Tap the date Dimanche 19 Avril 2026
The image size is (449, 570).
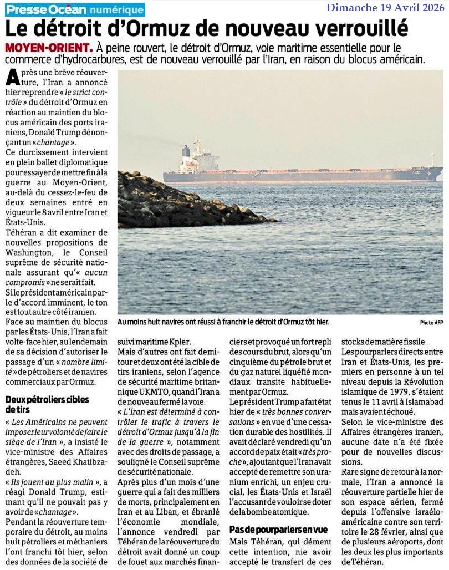(385, 8)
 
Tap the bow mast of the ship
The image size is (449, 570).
(432, 160)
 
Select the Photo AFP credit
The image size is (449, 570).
(431, 322)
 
